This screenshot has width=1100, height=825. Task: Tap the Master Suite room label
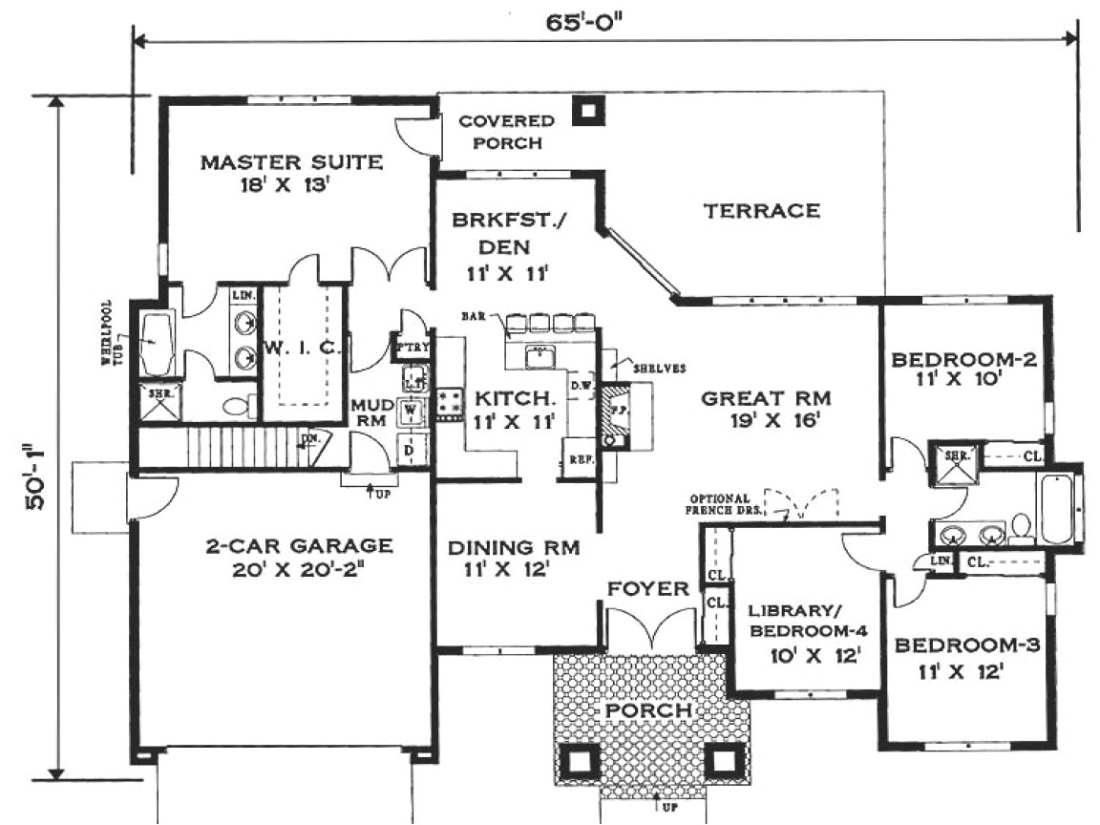coord(291,172)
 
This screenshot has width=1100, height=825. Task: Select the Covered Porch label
coord(505,132)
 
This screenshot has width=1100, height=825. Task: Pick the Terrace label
coord(761,211)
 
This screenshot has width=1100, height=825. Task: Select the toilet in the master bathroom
coord(237,406)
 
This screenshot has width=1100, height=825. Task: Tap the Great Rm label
coord(765,409)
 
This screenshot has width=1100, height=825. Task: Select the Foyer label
coord(648,589)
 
